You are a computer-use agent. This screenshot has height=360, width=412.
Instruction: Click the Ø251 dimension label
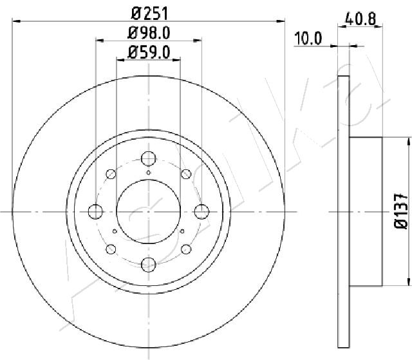[149, 14]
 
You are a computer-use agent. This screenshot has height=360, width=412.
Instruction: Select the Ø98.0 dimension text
[149, 33]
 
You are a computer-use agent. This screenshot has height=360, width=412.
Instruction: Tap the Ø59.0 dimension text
[149, 52]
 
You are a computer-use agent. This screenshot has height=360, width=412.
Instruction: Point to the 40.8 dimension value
[360, 19]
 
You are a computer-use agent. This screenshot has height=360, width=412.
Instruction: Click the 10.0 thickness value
[308, 39]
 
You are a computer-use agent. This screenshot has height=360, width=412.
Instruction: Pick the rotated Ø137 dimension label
[400, 211]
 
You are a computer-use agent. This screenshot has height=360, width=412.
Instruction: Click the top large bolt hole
[149, 158]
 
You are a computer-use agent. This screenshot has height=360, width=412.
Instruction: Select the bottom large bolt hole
[149, 264]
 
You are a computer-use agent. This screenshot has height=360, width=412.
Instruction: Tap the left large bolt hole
[95, 211]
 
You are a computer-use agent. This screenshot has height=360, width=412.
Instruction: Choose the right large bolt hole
[201, 211]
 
